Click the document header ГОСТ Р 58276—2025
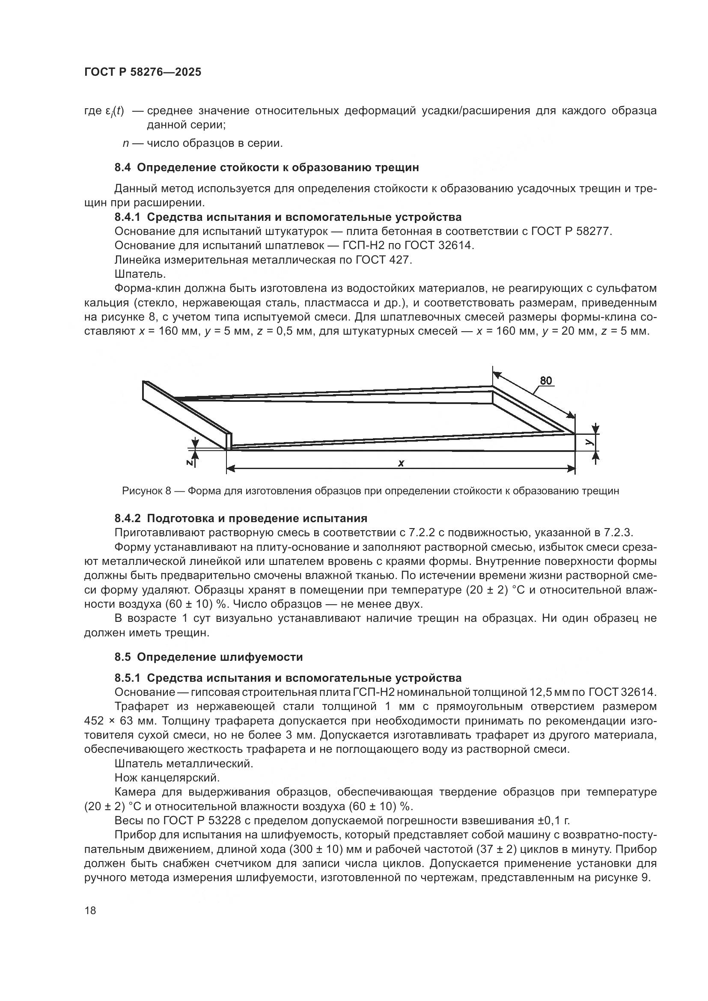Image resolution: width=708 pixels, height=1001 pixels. point(143,72)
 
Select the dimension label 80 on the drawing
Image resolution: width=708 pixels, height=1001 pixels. point(546,380)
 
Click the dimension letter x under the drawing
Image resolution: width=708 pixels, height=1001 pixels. point(401,463)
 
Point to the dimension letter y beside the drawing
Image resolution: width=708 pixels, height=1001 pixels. point(589,442)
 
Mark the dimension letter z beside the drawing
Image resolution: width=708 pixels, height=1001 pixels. point(190,463)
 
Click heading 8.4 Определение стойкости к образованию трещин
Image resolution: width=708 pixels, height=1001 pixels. point(266,167)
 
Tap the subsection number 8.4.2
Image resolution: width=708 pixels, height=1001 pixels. point(128,518)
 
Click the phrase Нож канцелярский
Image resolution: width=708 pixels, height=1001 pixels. point(167,777)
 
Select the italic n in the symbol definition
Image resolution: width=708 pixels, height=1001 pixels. point(125,143)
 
